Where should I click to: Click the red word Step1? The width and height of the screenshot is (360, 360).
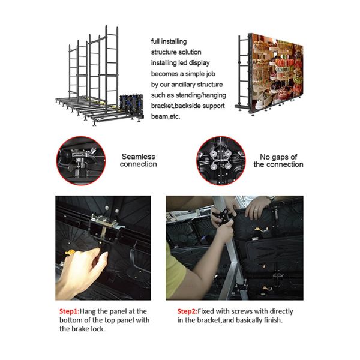coord(70,311)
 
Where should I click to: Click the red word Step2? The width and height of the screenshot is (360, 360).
coord(187,311)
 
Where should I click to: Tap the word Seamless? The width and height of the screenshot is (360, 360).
coord(139,157)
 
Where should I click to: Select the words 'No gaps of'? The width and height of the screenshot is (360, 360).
coord(278,157)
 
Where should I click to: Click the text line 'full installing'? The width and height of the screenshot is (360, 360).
coord(169,41)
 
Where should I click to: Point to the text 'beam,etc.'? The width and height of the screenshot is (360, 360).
coord(166,116)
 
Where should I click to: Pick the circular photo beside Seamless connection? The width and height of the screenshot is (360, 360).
coord(81,160)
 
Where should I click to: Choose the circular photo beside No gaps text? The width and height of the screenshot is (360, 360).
coord(221,160)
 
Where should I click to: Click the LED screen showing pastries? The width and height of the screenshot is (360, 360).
coord(277,73)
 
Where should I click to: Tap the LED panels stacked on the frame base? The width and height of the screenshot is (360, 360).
coord(131,106)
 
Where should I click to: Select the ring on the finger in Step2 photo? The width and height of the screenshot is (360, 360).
coord(256,209)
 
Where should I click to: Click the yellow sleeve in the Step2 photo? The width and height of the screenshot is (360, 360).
coord(175,271)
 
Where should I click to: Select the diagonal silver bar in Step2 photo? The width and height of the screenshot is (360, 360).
coord(230,248)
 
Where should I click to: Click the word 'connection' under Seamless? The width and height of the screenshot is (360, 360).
coord(139,164)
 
